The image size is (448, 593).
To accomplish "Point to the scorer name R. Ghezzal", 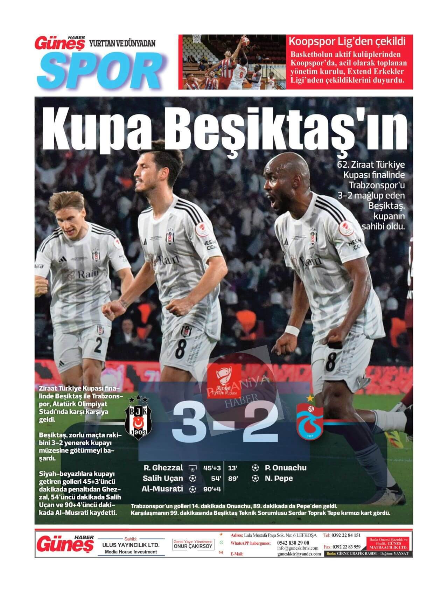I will tap(163, 468).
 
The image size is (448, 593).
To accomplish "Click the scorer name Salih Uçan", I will tap(163, 478).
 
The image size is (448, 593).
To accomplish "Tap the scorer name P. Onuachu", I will tap(286, 468).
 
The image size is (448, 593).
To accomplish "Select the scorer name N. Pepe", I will tap(279, 478).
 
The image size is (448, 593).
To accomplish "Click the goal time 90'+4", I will tap(212, 489).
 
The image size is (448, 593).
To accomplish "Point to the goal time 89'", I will tap(233, 479).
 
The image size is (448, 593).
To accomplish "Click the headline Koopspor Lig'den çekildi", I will tap(347, 42).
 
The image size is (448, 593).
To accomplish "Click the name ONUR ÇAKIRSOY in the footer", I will tap(193, 546).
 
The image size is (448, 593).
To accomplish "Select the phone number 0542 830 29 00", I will tap(293, 543).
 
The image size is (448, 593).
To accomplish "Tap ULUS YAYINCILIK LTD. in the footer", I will tap(131, 545).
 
